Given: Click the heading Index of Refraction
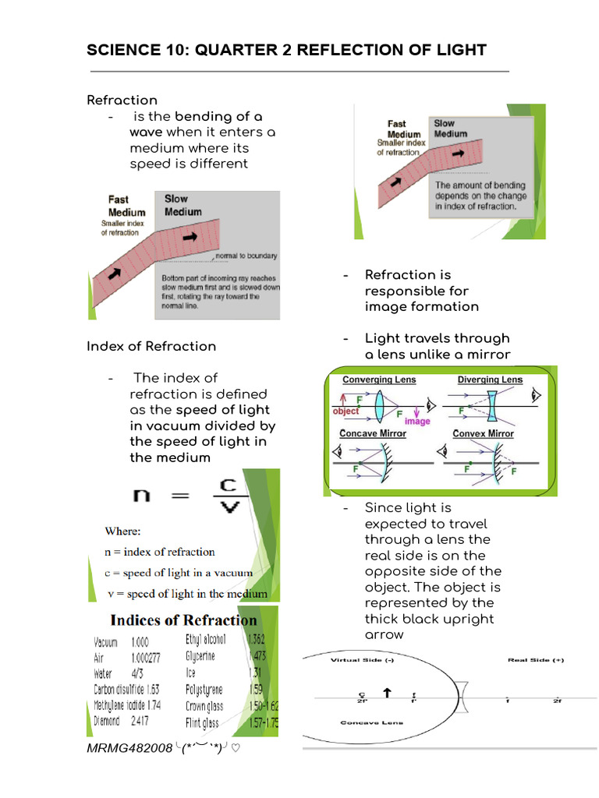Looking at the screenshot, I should click(151, 346).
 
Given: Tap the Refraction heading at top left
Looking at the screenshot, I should click(122, 100).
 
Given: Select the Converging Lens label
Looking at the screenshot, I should click(379, 380).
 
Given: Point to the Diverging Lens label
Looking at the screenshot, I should click(490, 380).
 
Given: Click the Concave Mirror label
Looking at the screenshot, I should click(373, 433).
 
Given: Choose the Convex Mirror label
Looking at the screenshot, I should click(484, 433).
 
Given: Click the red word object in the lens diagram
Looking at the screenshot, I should click(346, 411).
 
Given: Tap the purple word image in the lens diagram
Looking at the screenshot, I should click(417, 422).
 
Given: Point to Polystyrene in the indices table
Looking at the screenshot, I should click(204, 690).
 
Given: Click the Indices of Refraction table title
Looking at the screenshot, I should click(183, 620).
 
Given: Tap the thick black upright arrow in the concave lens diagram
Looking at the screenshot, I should click(386, 692).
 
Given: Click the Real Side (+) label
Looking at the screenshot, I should click(536, 660).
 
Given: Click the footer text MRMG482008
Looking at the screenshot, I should click(129, 748).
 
